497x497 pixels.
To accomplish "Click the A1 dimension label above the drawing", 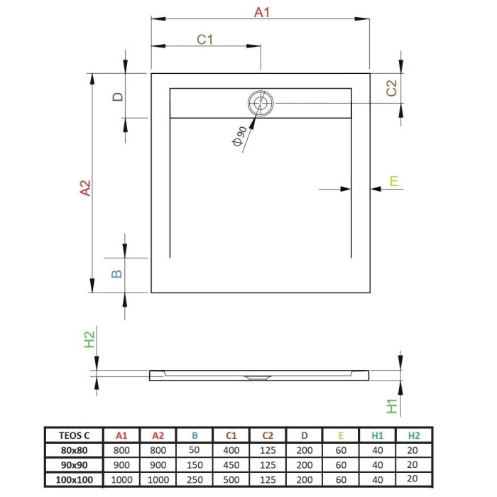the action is click(262, 12).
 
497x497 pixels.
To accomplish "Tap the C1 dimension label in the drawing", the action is click(204, 40).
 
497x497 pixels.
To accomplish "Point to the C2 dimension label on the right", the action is click(392, 88).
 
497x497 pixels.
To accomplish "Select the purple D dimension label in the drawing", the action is click(118, 97).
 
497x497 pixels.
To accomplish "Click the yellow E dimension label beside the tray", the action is click(393, 181).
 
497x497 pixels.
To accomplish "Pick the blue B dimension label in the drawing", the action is click(116, 274).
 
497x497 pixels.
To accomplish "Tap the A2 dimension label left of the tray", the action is click(85, 188).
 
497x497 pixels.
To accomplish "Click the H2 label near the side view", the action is click(89, 339).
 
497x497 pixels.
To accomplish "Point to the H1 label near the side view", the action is click(392, 406).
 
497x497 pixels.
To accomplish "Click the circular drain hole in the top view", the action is click(261, 103).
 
